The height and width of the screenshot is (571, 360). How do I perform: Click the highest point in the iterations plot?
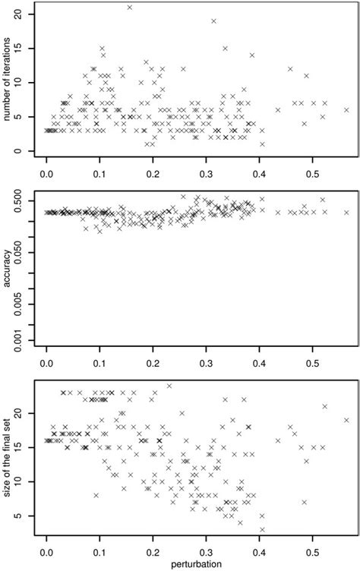click(x=129, y=8)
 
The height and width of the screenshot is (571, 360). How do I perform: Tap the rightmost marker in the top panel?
click(x=346, y=110)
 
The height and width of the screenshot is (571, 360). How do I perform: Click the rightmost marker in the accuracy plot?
click(x=346, y=213)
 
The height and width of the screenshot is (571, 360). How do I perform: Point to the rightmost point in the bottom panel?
click(x=346, y=420)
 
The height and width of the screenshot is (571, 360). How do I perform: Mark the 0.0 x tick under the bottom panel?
click(x=46, y=551)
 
